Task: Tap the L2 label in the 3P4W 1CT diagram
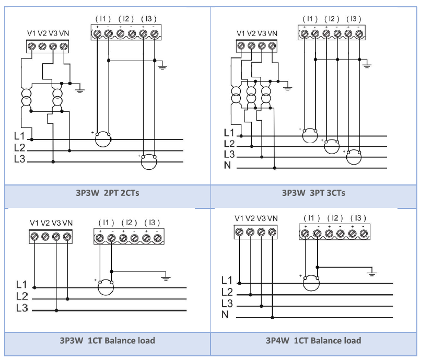(227, 292)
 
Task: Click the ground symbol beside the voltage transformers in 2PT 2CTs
(80, 90)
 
